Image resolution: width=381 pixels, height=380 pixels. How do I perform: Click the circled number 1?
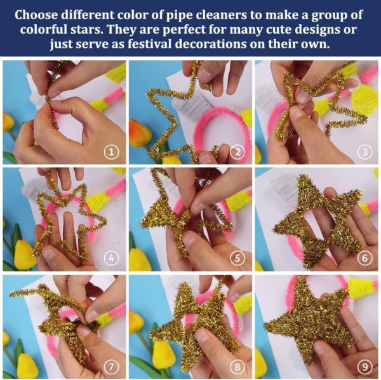(x=112, y=153)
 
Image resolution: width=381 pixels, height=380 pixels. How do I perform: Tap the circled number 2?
(x=237, y=153)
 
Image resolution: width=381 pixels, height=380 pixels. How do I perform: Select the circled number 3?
(x=365, y=153)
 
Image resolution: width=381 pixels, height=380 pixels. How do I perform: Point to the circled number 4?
(x=112, y=258)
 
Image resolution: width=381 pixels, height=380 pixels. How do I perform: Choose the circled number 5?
(x=237, y=258)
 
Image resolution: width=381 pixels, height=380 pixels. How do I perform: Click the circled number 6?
(x=365, y=258)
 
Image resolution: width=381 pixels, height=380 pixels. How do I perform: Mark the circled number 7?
(x=112, y=367)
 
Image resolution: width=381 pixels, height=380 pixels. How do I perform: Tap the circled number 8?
(x=237, y=367)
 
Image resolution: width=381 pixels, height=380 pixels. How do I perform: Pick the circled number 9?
(x=365, y=367)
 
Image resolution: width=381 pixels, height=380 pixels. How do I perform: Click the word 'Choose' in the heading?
(x=36, y=15)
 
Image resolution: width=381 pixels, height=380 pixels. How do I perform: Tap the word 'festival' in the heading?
(x=150, y=44)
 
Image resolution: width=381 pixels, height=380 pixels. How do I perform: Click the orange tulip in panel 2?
(x=140, y=133)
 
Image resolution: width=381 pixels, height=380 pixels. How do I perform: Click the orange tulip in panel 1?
(x=8, y=125)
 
